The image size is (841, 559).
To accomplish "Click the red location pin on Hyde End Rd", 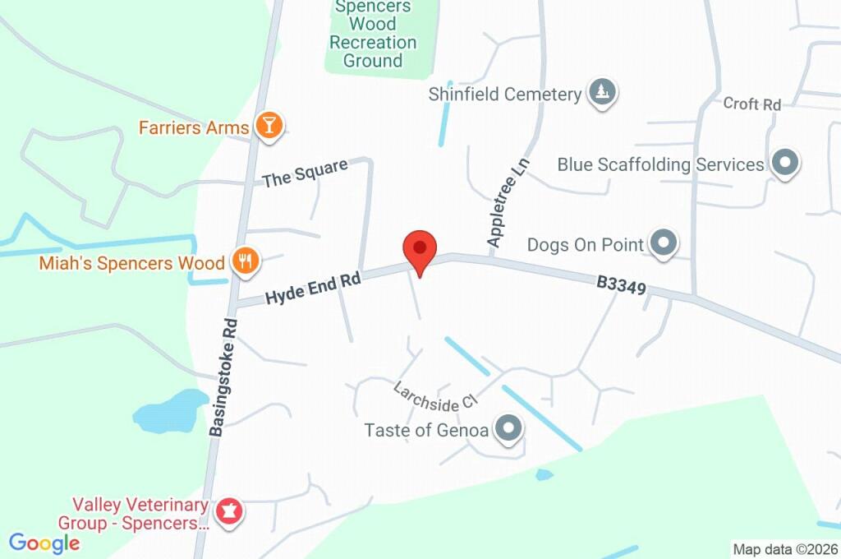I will point(420,248).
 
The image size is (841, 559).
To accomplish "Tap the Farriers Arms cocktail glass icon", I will point(269,127).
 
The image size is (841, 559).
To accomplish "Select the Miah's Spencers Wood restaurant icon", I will point(245,262).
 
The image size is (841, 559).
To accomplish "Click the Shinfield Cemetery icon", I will point(603,93).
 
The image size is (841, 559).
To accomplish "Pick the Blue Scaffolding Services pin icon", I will point(786,164).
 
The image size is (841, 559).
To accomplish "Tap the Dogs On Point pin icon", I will point(664,243).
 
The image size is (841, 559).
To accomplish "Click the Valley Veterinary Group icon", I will point(227,512).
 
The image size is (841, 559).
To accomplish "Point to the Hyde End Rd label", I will point(313,289).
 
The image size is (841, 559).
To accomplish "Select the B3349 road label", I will point(622,286).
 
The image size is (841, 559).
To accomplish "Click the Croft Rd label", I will point(751,104).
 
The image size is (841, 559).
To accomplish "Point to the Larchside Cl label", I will point(435,396).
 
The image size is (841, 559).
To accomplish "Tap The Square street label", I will point(305,173).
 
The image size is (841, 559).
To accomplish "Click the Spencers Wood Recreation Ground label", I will point(373,34).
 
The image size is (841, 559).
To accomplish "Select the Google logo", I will point(44,543).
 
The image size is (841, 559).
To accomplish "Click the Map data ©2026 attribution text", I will point(784,549).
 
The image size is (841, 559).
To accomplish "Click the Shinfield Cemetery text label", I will point(505,94).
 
